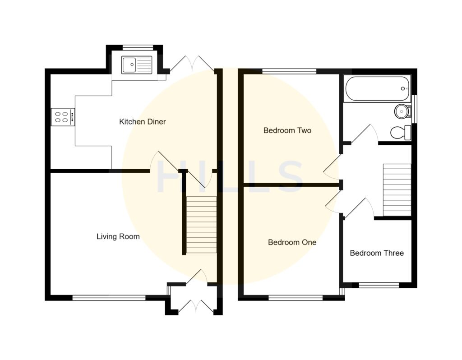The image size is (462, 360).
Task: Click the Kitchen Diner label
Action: (142, 122)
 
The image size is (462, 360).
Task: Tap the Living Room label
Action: (118, 236)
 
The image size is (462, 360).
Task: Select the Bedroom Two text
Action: (287, 131)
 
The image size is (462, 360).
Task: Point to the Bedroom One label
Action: (292, 242)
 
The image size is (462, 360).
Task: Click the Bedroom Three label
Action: (377, 253)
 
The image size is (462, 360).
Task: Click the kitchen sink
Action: (136, 65)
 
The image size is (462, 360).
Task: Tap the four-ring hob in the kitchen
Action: (63, 117)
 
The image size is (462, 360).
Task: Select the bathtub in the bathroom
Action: (377, 88)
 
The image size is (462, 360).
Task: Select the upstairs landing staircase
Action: (397, 189)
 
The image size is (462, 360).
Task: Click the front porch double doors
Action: (196, 307)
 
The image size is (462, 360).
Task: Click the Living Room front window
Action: (109, 297)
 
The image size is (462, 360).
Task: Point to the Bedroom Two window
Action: (289, 71)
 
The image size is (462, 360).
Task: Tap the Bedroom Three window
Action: (379, 285)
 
